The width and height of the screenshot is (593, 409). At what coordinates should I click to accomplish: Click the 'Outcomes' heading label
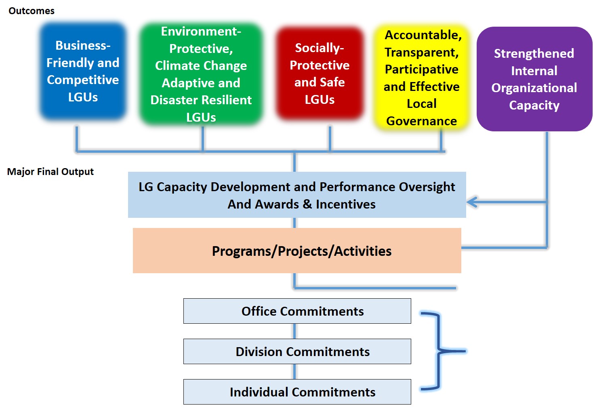(x=31, y=11)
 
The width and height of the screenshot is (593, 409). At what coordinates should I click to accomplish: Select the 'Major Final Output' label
(x=50, y=172)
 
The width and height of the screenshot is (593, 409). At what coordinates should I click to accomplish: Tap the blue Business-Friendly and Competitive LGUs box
(x=83, y=71)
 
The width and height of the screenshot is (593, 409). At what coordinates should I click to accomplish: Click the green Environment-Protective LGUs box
(x=201, y=74)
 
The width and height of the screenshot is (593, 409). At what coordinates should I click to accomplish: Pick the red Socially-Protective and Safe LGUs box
(x=320, y=74)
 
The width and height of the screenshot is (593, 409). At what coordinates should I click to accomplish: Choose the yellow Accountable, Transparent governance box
(x=421, y=78)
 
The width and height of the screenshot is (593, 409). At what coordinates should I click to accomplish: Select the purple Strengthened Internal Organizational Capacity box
(x=534, y=79)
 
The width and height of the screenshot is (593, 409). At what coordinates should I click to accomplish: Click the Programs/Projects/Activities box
(x=297, y=251)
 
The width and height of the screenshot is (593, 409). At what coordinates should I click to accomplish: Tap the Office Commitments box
(x=297, y=311)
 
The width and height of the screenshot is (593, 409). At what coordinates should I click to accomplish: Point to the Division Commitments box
(x=297, y=352)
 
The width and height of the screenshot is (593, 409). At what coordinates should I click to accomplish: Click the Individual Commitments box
(x=297, y=392)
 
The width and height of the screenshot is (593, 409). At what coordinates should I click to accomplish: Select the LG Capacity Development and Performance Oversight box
(x=297, y=195)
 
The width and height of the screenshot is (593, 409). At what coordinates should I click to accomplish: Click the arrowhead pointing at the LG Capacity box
(x=471, y=202)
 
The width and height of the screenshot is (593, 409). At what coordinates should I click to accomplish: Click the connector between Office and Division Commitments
(x=294, y=331)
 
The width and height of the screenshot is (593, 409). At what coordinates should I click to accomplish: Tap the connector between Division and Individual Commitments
(x=294, y=372)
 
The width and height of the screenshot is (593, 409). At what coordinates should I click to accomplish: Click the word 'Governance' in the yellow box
(x=421, y=121)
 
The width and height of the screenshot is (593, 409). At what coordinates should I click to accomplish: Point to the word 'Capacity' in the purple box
(x=534, y=105)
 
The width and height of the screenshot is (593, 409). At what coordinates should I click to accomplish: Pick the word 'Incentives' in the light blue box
(x=346, y=204)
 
